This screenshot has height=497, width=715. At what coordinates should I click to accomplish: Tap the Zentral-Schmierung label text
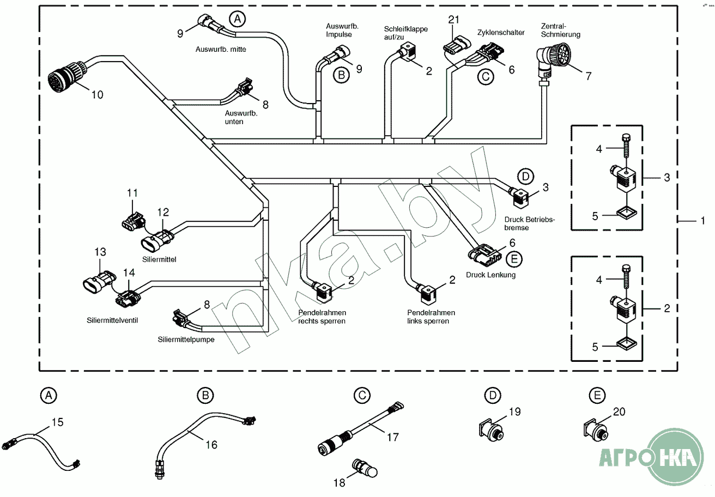(560, 30)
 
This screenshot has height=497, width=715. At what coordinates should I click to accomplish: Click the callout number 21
(454, 20)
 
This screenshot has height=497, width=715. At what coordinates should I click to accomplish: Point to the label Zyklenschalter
(501, 33)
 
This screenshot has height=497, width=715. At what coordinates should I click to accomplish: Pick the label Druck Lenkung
(490, 275)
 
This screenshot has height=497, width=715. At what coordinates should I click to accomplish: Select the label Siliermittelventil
(112, 320)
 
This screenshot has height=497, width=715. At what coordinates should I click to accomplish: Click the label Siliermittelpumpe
(186, 339)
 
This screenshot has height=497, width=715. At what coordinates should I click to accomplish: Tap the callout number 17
(392, 437)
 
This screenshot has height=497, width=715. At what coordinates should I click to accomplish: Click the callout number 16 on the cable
(211, 445)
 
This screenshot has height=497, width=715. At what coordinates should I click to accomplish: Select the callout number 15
(58, 421)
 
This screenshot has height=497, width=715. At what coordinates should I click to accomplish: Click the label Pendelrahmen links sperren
(431, 317)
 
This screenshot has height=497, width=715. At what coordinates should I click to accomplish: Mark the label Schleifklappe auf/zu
(406, 33)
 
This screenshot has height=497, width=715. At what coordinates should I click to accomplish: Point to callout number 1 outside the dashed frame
(702, 220)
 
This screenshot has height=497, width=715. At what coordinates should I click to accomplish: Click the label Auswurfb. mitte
(221, 49)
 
